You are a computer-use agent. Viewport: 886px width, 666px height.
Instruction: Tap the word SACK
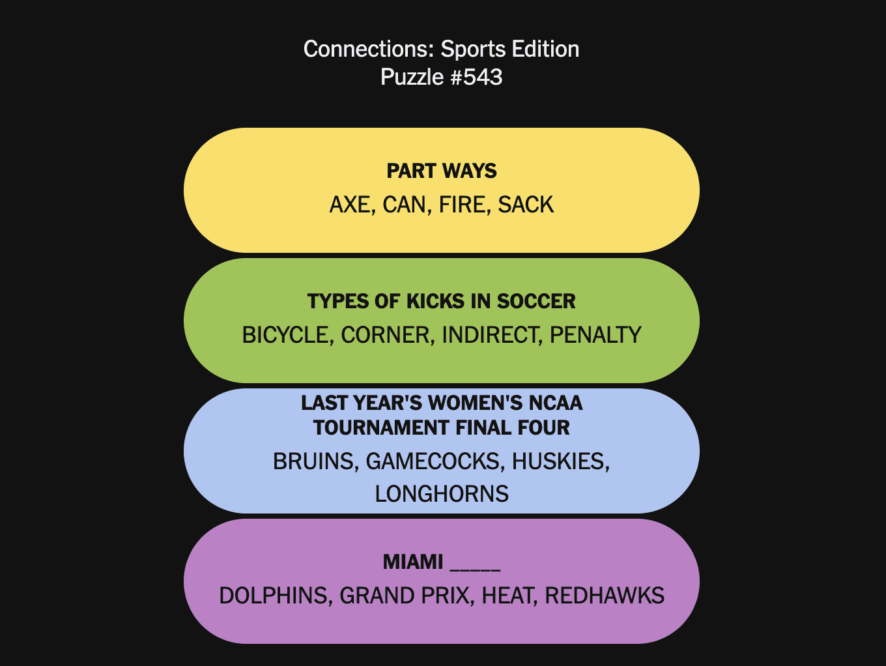tap(526, 205)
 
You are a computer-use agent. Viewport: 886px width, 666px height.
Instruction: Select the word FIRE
tap(462, 205)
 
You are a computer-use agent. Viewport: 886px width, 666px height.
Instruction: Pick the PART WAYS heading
tap(442, 171)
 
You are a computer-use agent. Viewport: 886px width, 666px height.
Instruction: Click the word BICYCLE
tap(284, 335)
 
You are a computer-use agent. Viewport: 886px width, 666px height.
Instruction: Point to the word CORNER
tap(385, 335)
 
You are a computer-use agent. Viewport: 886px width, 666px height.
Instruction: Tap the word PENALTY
tap(595, 335)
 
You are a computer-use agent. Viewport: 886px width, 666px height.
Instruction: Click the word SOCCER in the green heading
tap(536, 301)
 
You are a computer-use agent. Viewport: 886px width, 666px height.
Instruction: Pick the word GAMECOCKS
tap(434, 461)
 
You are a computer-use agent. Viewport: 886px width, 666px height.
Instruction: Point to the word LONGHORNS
tap(442, 494)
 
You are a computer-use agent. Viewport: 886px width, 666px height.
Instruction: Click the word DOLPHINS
tap(274, 596)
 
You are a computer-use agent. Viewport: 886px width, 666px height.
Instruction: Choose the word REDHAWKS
tap(605, 596)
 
